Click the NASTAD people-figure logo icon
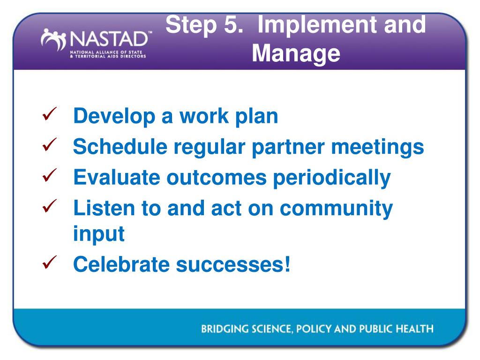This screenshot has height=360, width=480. [53, 39]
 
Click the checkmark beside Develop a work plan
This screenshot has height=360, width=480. [50, 114]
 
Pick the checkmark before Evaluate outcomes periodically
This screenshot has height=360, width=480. [50, 175]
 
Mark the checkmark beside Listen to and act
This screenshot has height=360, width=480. [50, 206]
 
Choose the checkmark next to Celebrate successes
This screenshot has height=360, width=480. [50, 262]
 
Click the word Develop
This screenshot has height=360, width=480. [114, 117]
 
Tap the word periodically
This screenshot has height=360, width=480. [331, 178]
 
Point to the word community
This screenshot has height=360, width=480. [336, 209]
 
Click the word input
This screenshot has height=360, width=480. [99, 234]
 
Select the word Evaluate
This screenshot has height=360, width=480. [117, 178]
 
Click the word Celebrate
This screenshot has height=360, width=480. [121, 264]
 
